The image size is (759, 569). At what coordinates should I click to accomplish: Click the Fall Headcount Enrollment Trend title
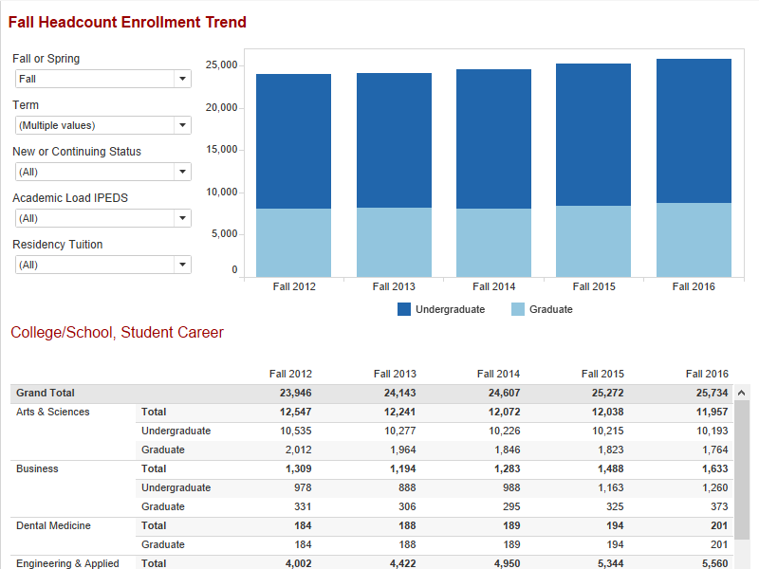click(x=127, y=22)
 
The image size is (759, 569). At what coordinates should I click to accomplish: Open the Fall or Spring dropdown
click(x=102, y=80)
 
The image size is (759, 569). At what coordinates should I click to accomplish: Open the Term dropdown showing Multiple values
click(x=102, y=125)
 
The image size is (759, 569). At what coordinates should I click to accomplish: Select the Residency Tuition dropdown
click(x=102, y=265)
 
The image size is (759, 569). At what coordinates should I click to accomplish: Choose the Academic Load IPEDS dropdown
click(x=102, y=218)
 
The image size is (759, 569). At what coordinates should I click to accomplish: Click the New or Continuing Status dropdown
click(x=102, y=172)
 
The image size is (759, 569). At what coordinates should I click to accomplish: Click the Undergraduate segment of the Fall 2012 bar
click(x=293, y=141)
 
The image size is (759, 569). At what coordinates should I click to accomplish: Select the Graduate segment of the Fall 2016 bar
click(x=694, y=240)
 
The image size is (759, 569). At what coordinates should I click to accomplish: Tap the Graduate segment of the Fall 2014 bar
click(x=493, y=243)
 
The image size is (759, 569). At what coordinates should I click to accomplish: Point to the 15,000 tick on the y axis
click(x=221, y=150)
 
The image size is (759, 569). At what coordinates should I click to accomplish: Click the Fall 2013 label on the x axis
click(x=394, y=286)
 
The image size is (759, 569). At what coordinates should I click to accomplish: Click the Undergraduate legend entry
click(x=441, y=309)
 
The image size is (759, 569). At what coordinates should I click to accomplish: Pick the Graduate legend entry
click(x=542, y=309)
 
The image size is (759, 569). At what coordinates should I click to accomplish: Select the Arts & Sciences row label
click(x=53, y=412)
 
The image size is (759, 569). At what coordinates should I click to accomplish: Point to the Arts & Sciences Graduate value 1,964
click(x=400, y=450)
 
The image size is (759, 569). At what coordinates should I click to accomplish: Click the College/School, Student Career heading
click(x=117, y=333)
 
